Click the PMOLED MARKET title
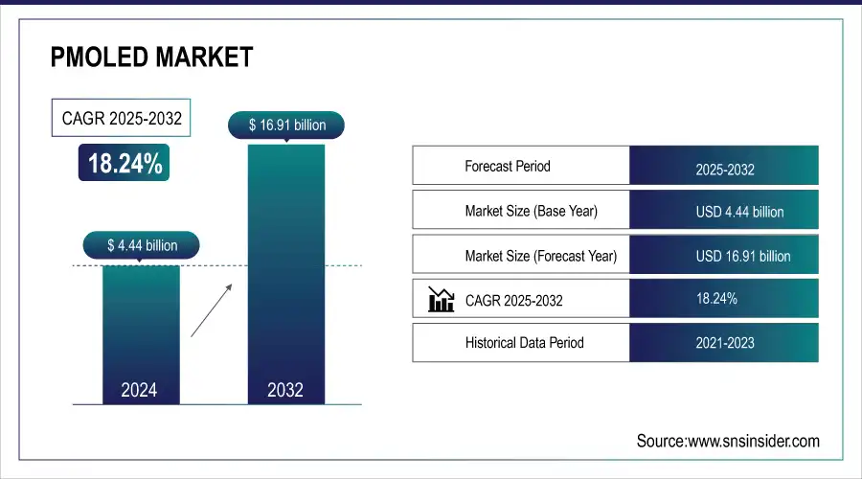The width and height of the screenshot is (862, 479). tap(151, 57)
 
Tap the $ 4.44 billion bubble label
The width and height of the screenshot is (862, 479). tap(142, 245)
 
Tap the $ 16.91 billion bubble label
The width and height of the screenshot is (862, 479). tap(286, 125)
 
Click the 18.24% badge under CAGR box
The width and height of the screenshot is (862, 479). tap(125, 163)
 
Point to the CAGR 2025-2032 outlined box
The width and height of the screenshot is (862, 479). tap(121, 120)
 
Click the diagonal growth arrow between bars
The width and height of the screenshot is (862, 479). tap(211, 309)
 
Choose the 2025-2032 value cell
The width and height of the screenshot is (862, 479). tap(725, 170)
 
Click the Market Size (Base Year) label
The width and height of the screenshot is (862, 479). tap(531, 211)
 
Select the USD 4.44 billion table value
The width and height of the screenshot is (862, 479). tap(739, 212)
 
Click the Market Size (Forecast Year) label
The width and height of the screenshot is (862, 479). tap(540, 256)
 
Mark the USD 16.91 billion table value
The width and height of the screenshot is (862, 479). tap(743, 256)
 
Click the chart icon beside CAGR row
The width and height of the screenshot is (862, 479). tap(441, 300)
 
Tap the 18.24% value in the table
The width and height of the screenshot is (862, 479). tap(716, 299)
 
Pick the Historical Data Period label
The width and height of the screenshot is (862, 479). tap(524, 342)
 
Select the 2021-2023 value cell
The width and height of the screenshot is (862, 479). tap(725, 344)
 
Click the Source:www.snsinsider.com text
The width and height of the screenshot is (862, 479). tap(728, 441)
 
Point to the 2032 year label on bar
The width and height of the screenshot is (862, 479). tap(285, 390)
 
